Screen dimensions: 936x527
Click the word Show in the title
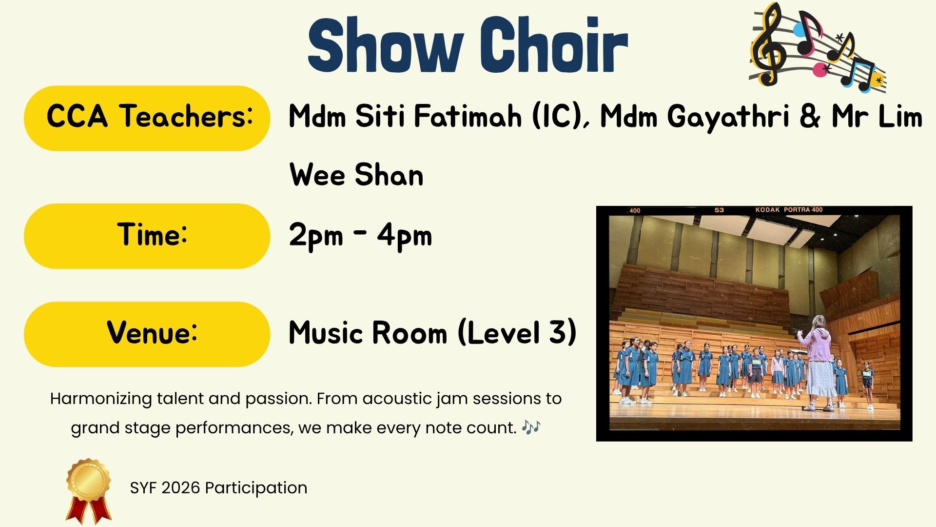[386, 45]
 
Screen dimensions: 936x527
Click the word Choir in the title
[553, 45]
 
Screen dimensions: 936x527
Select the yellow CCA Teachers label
[147, 118]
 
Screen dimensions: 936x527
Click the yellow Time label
[147, 236]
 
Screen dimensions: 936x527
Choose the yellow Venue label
[147, 334]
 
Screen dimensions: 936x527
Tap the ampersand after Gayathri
[810, 117]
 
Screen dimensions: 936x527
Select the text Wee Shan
[356, 175]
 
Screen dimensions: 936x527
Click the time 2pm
[316, 236]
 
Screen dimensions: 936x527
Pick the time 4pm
[405, 236]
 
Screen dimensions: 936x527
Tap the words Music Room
[368, 333]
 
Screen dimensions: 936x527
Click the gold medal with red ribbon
[88, 490]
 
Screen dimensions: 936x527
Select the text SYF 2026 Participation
[218, 487]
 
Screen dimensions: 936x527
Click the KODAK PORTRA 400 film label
[789, 210]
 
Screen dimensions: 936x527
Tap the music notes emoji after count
[531, 427]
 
